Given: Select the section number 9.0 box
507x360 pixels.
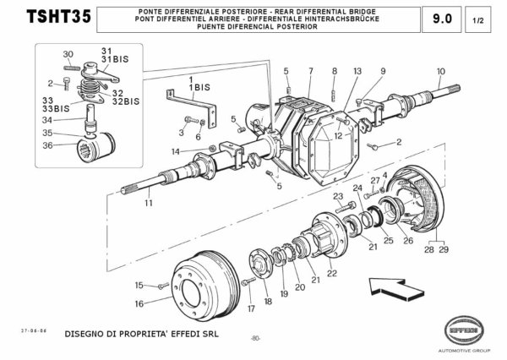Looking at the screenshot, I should pos(441,18).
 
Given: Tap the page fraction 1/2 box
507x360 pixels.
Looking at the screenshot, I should pos(478,18).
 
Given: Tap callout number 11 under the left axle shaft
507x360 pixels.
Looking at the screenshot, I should pos(149,204).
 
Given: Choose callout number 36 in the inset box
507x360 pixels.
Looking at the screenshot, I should pos(47,145).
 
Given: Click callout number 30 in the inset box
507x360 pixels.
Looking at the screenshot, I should pos(68,54).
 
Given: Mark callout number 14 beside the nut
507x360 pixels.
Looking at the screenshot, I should pos(175,151).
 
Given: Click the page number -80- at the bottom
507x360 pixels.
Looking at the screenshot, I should pos(254,339).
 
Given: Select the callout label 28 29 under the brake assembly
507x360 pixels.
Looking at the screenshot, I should pos(438,250).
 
